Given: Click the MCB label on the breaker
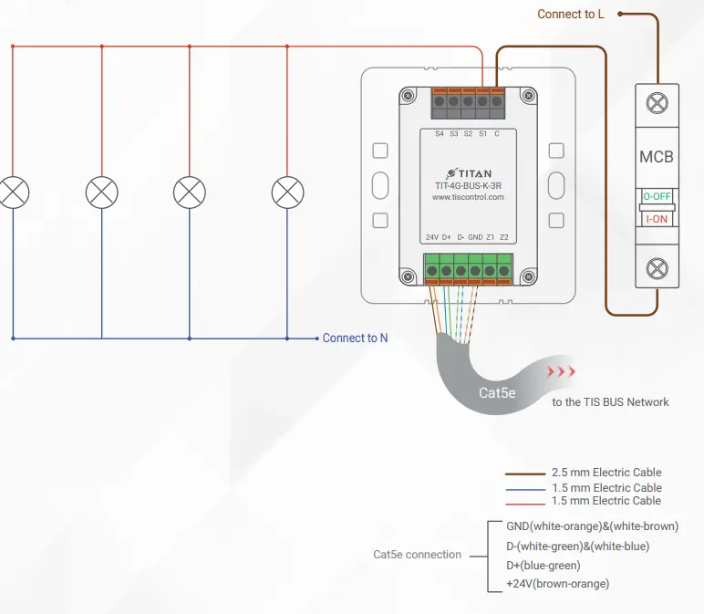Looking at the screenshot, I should [x=656, y=157].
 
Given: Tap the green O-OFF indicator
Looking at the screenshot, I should [x=656, y=196].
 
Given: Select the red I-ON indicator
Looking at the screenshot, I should [x=656, y=220].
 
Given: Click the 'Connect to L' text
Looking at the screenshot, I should [x=571, y=14].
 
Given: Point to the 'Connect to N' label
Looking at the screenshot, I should [x=355, y=338].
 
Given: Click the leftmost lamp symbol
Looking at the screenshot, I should [x=14, y=193].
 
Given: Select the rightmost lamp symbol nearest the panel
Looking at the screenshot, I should [x=287, y=193].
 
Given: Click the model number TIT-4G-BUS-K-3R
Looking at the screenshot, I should [x=468, y=184].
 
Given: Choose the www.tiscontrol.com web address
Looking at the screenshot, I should [x=468, y=196].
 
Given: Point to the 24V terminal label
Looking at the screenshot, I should [x=433, y=237].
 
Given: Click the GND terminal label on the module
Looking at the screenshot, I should [x=475, y=237].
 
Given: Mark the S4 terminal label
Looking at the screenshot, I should [x=439, y=134].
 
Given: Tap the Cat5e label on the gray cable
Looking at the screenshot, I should [x=498, y=393].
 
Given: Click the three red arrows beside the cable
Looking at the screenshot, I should [x=561, y=372].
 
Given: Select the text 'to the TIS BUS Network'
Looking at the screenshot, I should [x=610, y=402].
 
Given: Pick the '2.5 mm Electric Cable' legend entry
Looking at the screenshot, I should [x=606, y=473].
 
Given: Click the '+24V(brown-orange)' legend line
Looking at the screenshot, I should [x=557, y=583].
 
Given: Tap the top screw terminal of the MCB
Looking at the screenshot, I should [x=656, y=102].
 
